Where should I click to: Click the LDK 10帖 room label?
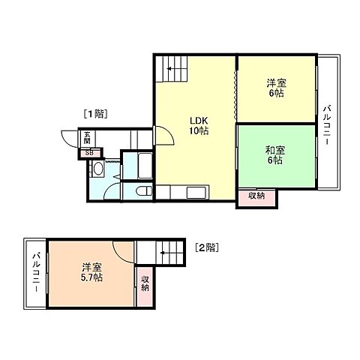click(x=197, y=124)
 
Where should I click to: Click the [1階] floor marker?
click(x=95, y=114)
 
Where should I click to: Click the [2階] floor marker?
click(x=206, y=246)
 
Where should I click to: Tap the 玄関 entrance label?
click(x=87, y=137)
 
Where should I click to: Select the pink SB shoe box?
click(x=90, y=153)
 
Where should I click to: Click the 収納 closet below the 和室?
click(x=256, y=196)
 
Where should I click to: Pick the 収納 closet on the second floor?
click(x=145, y=284)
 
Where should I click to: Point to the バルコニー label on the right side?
click(x=327, y=124)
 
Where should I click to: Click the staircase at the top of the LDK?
click(x=171, y=72)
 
